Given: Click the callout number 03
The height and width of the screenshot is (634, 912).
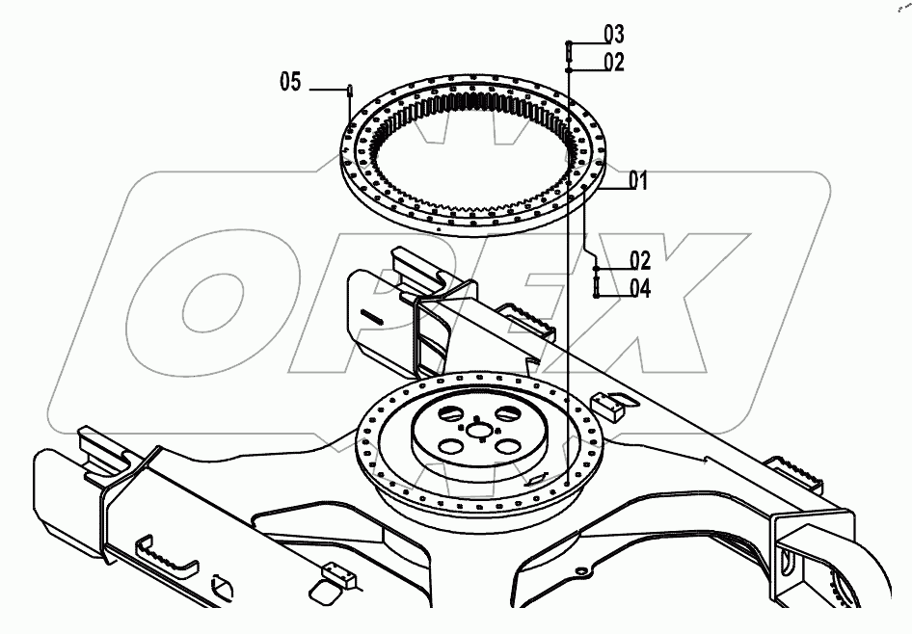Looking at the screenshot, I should (x=614, y=36).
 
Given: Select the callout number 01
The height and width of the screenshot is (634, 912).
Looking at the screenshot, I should (x=638, y=179).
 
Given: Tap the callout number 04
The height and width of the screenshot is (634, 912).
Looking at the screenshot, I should (x=640, y=287).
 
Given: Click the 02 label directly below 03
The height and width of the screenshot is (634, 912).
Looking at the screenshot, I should (x=614, y=63).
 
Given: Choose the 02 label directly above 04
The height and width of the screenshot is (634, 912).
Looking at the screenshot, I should (x=640, y=260).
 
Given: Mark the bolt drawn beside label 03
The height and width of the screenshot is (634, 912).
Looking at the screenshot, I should (x=570, y=47).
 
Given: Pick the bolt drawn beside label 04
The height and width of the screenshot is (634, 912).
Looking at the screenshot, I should (x=597, y=286).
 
